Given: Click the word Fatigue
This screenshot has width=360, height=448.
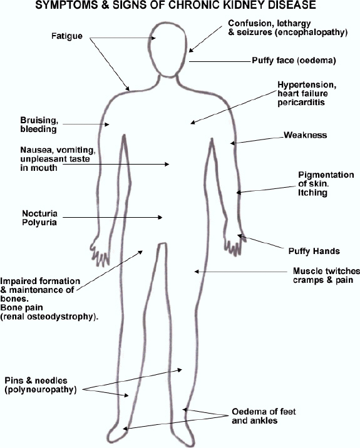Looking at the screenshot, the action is point(67,36).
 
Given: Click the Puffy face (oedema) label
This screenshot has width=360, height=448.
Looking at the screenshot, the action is point(294,61).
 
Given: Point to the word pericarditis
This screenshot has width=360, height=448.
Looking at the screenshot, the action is point(301,102).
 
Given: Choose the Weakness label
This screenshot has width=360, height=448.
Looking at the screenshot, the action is point(305,135).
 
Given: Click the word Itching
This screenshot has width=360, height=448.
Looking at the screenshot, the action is point(312,193).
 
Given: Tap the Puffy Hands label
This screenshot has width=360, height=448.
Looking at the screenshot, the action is point(314,251).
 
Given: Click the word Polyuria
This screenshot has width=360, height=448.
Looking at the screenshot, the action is point(39,222).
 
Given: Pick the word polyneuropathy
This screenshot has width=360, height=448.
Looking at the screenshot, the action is point(41,389).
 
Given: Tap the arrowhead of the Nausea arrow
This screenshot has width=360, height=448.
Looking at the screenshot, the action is point(167,165).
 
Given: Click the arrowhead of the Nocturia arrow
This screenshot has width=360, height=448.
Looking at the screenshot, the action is point(160,217).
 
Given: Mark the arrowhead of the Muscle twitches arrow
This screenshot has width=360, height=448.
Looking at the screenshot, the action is point(197,272).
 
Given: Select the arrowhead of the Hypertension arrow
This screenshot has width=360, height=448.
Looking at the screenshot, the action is point(193,123).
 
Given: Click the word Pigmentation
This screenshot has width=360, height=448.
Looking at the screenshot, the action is point(326,175).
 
